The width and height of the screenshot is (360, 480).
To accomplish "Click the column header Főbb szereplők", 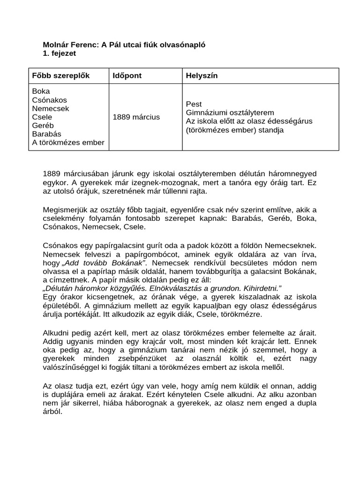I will tap(60, 75).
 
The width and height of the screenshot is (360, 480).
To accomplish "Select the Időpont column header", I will tap(127, 75).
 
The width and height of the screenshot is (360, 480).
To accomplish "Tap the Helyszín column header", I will tap(202, 75).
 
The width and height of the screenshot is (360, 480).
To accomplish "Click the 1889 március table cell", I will tap(136, 117).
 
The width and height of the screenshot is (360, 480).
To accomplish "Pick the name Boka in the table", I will tap(41, 91).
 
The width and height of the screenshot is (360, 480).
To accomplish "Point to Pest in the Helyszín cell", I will tap(194, 104).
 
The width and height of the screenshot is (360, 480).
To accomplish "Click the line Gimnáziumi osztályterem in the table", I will tap(230, 112).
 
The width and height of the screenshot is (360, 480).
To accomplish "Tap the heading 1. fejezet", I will tap(60, 53).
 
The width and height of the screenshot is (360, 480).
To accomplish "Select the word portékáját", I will tap(88, 315).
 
